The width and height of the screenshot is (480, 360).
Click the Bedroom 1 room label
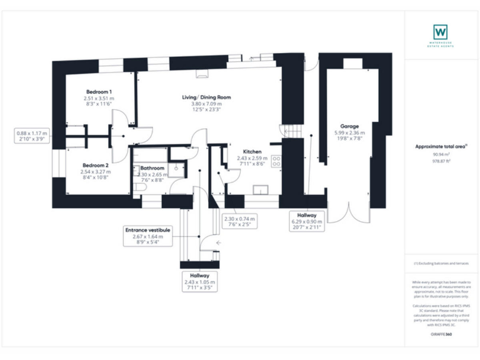pos(99,92)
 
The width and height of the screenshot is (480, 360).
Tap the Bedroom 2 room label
pos(96,166)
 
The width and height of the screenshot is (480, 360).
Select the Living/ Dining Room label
pos(206,97)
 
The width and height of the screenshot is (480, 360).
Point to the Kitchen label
pos(252,152)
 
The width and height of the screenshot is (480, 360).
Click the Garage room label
pos(349,126)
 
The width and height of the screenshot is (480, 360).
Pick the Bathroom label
pos(152,168)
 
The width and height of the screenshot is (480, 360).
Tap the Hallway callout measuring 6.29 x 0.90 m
pos(306,221)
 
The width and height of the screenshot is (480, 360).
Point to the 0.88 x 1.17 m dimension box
pos(31,136)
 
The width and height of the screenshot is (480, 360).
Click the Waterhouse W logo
pos(440,30)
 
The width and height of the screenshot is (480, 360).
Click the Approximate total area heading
pos(440,146)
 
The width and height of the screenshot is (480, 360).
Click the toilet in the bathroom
pos(139,187)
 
